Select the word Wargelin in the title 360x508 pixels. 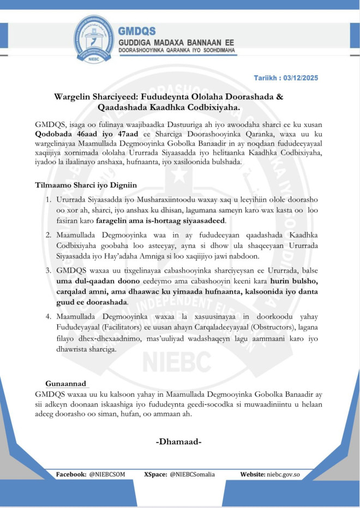[x=75, y=97]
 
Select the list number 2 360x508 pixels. [x=49, y=234]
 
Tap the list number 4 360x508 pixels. [x=49, y=317]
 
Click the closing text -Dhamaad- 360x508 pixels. [x=179, y=441]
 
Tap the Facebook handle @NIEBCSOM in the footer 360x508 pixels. [x=106, y=474]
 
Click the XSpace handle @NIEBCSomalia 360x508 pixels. [x=192, y=474]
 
